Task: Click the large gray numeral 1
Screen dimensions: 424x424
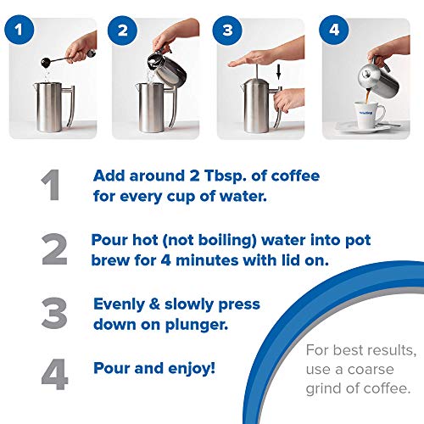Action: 53,185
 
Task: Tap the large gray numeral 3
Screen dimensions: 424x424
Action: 53,312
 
